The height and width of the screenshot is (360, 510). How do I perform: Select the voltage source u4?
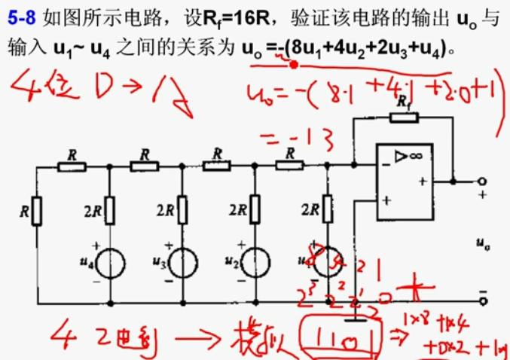coord(111,263)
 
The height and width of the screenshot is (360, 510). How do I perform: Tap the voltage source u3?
coord(182,263)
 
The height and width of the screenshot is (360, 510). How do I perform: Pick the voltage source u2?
coord(255,263)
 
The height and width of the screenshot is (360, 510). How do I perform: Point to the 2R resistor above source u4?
coord(111,211)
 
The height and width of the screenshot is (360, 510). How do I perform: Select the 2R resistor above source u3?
coord(182,211)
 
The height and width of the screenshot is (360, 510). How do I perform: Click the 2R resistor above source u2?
coord(255,211)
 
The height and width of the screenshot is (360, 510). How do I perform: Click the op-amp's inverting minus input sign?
coord(386,160)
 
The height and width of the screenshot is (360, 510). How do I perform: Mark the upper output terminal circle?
coord(482,182)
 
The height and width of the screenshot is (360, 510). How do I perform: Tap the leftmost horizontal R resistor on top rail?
coord(72,166)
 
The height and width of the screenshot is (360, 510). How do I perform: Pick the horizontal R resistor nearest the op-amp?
coord(289,166)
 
